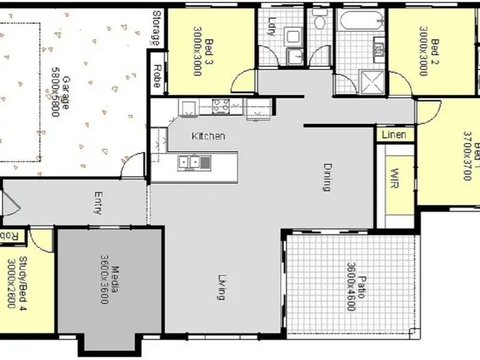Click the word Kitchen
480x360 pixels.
pyautogui.click(x=209, y=136)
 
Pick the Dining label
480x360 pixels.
pyautogui.click(x=327, y=177)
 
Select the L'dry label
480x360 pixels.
pyautogui.click(x=273, y=26)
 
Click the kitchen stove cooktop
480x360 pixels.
pyautogui.click(x=221, y=106)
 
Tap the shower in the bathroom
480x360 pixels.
pyautogui.click(x=370, y=81)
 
